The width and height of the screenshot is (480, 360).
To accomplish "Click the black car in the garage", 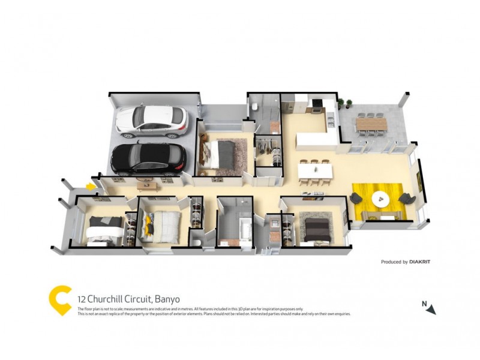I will [x=149, y=158].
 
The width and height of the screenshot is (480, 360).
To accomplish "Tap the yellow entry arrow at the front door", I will [x=90, y=187].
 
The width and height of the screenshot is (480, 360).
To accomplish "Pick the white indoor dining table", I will [x=315, y=170].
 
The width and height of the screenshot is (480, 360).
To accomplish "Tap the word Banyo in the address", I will [x=167, y=299].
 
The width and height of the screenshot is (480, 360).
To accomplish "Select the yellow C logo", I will [x=60, y=299].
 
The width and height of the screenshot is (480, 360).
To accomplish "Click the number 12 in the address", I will [x=81, y=299].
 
